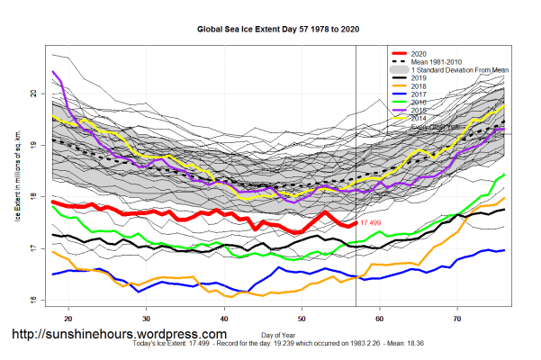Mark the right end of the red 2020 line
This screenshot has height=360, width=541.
point(355,223)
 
